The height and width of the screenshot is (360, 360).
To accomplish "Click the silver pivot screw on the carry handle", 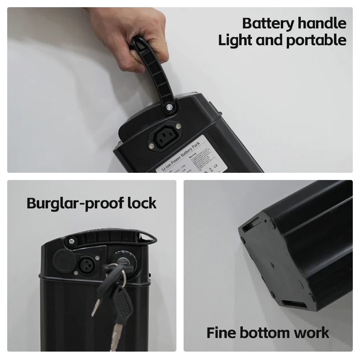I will tap(169, 107).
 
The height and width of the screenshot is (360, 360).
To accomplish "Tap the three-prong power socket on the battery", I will tap(165, 138).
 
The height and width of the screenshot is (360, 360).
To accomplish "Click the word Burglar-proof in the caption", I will tap(75, 204).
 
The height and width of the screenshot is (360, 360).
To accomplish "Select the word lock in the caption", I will tap(142, 203).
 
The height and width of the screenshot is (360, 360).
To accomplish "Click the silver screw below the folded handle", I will tap(72, 241).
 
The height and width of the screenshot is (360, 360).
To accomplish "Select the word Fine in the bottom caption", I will tap(221, 333).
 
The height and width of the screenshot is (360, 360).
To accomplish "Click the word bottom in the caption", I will tap(264, 333).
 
